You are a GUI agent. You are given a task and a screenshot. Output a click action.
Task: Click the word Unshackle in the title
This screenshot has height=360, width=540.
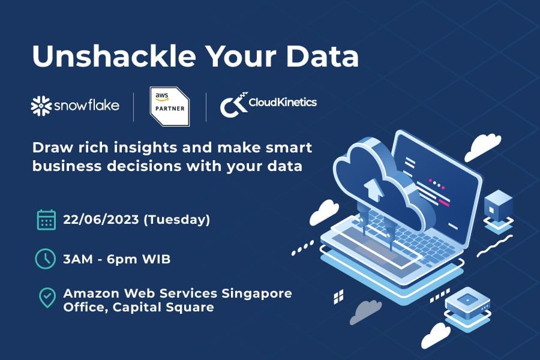point(114,55)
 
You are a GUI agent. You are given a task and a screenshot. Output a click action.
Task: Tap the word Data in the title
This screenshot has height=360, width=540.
point(322,56)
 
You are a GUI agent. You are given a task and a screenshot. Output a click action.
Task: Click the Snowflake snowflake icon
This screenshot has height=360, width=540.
point(41,106)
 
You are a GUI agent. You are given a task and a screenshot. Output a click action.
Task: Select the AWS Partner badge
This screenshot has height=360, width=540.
point(170,106)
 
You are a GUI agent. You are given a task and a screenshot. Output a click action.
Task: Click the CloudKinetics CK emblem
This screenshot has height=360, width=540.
point(234,105)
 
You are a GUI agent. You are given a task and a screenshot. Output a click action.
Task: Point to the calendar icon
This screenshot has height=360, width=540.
point(46,220)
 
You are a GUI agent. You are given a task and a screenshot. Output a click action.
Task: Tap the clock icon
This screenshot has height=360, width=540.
point(45,259)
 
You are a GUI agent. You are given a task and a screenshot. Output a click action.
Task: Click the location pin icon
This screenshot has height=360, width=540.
point(47,298)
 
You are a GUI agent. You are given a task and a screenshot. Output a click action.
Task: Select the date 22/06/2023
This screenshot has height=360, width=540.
point(101,220)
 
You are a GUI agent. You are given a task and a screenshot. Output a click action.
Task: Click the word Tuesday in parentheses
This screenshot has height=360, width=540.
point(176,220)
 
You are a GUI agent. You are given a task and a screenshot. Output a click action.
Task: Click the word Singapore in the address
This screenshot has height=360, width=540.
point(257,294)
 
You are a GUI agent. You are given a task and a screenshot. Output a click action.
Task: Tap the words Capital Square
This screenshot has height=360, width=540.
point(163,307)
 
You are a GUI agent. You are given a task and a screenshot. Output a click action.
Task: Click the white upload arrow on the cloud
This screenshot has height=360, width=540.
point(373,189)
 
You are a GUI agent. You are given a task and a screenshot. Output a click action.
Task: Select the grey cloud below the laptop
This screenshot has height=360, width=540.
point(365,311)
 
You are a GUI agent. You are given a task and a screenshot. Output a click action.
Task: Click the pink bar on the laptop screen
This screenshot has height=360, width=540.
point(444,203)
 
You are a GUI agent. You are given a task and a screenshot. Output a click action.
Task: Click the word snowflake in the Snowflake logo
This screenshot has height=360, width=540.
point(87,105)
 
